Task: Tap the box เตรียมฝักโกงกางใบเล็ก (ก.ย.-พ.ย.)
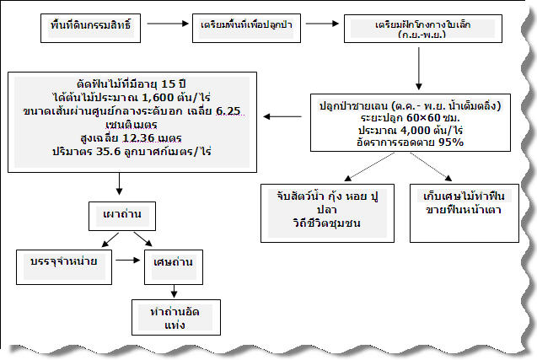click(x=416, y=29)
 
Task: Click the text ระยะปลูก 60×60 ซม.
click(x=397, y=119)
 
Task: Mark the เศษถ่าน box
click(x=172, y=262)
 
